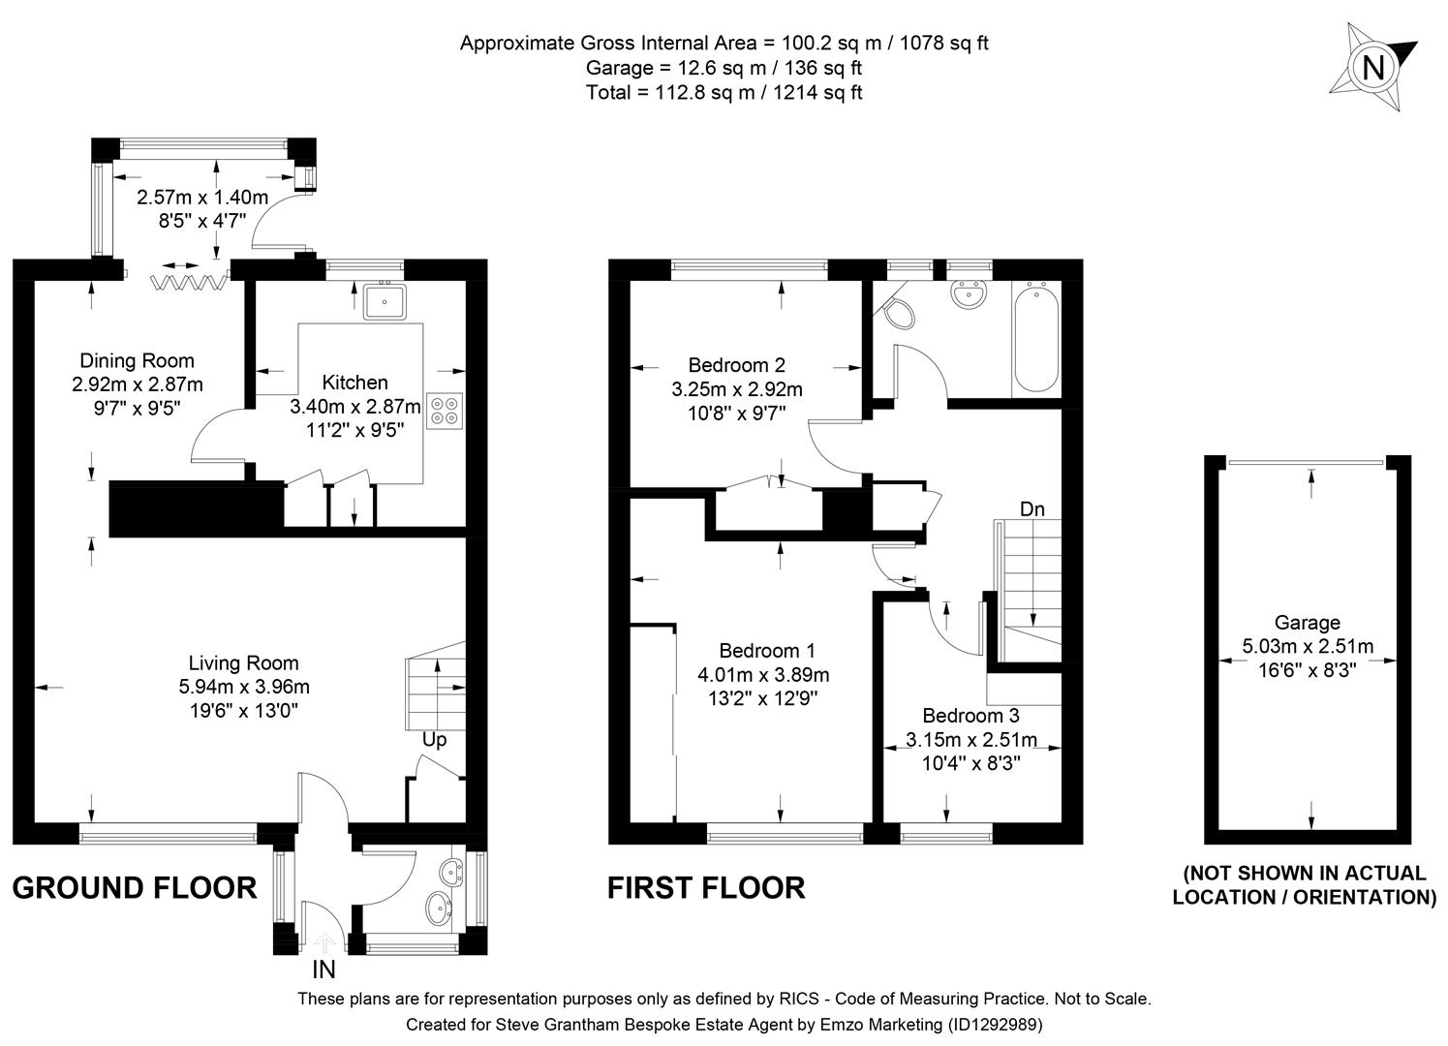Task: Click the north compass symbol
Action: (1372, 67)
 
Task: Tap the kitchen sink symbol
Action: (385, 302)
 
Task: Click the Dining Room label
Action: (137, 361)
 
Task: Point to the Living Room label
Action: (243, 663)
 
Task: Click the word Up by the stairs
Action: (434, 740)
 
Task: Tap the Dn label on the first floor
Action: (1032, 509)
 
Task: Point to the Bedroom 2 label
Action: (736, 365)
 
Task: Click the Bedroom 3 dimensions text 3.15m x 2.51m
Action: (970, 740)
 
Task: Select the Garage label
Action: (1307, 623)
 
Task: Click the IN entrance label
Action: (323, 969)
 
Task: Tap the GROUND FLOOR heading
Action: (135, 887)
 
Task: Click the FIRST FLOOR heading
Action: (706, 887)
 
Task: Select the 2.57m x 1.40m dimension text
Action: (202, 198)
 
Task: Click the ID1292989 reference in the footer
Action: (993, 1024)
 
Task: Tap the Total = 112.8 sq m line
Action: (724, 93)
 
